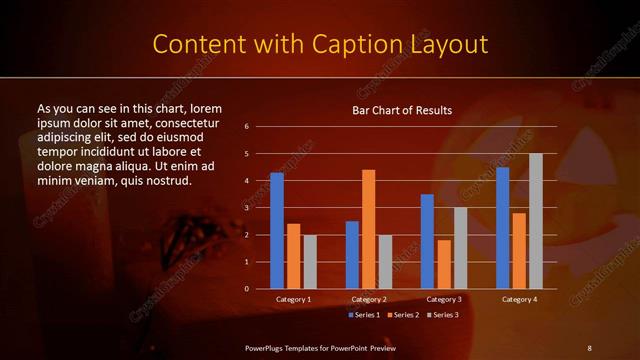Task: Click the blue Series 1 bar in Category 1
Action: [x=277, y=230]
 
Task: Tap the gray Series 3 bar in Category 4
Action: [x=535, y=220]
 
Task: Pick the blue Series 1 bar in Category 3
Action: [x=427, y=240]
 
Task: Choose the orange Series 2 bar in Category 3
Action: [x=443, y=263]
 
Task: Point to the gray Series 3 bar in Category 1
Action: [x=309, y=261]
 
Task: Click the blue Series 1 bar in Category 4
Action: [x=502, y=227]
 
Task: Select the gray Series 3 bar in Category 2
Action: [x=385, y=261]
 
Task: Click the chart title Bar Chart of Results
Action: [x=402, y=110]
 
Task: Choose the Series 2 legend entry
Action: [x=403, y=315]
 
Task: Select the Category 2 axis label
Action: [x=368, y=299]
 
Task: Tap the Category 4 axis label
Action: [x=519, y=299]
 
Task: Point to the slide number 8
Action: [x=589, y=347]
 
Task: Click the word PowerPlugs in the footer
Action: [x=266, y=347]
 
